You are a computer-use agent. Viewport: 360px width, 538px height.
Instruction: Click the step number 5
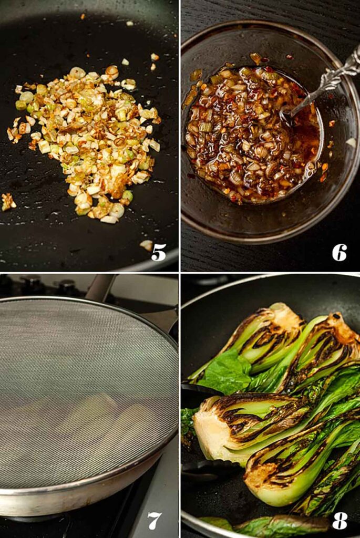(x=159, y=252)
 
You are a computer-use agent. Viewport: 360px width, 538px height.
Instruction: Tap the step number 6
(x=340, y=252)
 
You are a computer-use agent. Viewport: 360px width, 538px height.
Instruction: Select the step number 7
(x=154, y=520)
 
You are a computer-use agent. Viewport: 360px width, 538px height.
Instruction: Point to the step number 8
(x=340, y=520)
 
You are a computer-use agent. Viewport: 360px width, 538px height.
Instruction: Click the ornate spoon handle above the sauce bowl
(x=336, y=76)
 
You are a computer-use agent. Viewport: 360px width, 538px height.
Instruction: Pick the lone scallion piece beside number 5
(x=147, y=245)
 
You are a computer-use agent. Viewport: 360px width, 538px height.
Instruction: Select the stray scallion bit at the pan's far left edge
(x=8, y=202)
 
